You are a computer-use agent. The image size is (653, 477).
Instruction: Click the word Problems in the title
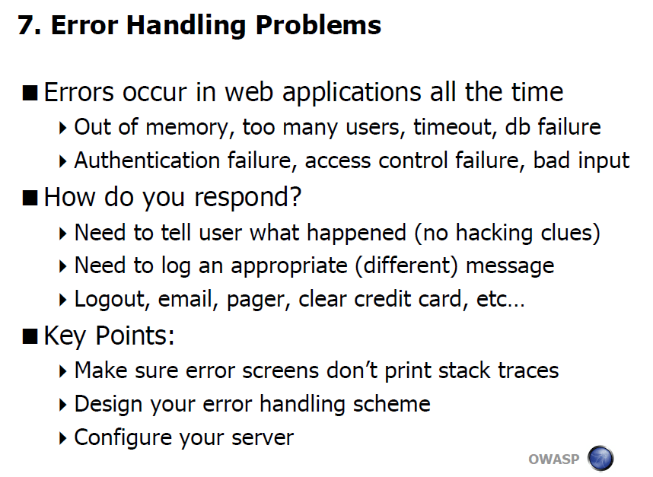[x=318, y=25]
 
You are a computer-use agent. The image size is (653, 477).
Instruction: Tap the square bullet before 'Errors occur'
[x=30, y=92]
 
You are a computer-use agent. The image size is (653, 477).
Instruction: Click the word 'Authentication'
[x=147, y=161]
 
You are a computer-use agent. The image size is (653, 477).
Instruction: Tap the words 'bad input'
[x=581, y=161]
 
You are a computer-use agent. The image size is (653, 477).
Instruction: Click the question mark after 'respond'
[x=295, y=196]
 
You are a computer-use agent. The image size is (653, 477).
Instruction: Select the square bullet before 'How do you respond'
[x=30, y=198]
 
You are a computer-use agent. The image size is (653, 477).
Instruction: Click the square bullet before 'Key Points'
[x=30, y=336]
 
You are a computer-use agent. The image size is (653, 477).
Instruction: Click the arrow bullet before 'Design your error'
[x=63, y=405]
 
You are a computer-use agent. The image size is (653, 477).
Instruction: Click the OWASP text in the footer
[x=554, y=459]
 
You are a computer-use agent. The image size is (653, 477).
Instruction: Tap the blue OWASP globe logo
[x=600, y=459]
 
